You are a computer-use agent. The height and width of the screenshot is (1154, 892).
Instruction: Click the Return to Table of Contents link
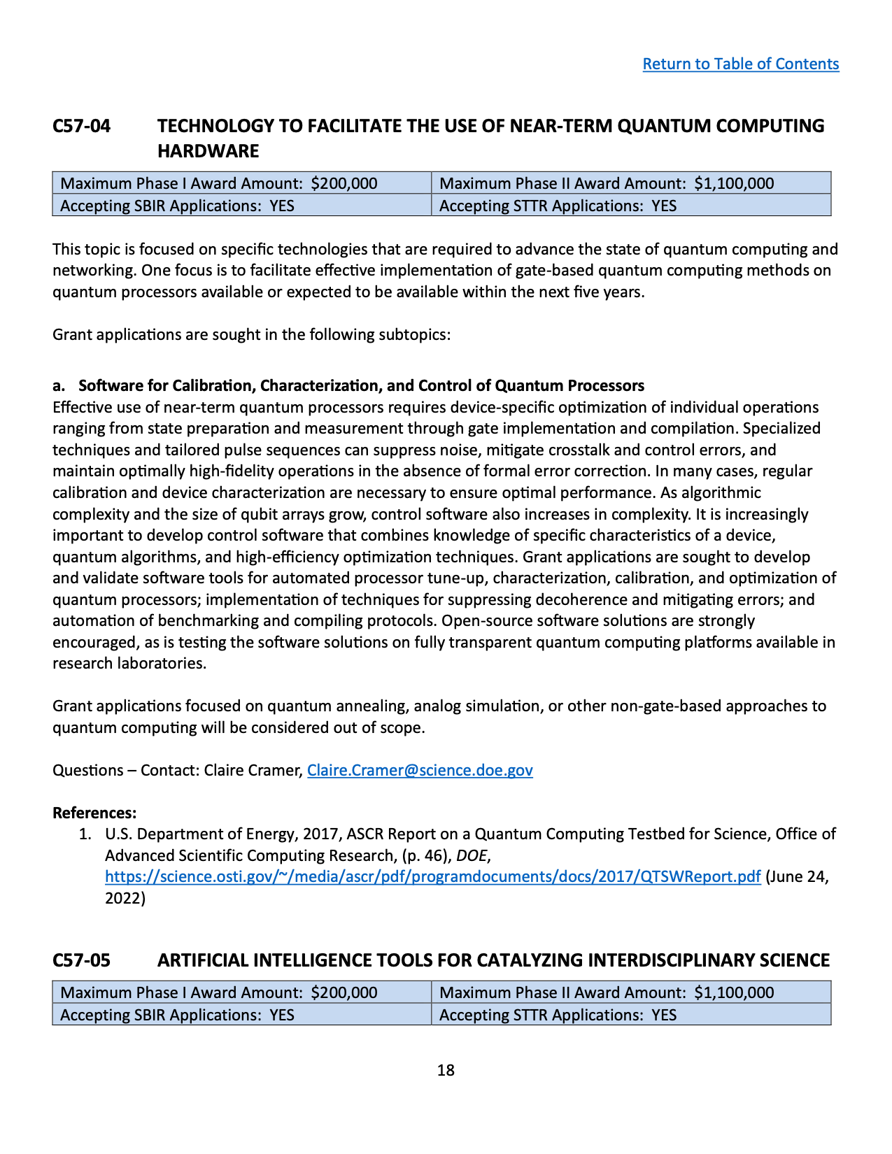pos(740,64)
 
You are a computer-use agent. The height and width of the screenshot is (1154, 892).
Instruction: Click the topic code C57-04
pos(82,126)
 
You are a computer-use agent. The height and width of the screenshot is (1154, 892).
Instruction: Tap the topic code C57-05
pos(82,960)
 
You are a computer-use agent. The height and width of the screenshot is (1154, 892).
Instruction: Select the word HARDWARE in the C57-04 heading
pos(208,151)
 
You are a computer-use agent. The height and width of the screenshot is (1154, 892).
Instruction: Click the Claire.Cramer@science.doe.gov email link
pos(420,770)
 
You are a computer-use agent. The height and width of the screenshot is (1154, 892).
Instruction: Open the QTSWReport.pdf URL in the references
pos(432,876)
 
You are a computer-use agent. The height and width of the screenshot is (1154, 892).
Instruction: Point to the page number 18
pos(446,1070)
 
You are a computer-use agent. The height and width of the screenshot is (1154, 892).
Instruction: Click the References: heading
pos(94,813)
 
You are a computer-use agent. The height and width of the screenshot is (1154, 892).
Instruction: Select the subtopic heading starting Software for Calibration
pos(361,385)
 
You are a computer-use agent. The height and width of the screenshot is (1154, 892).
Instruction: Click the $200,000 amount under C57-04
pos(344,184)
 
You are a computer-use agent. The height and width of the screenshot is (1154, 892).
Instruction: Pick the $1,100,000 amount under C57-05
pos(734,992)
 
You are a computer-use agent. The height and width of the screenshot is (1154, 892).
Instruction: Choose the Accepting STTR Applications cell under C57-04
pos(558,206)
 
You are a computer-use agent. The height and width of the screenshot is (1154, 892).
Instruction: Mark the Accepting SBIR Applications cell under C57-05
pos(177,1015)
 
